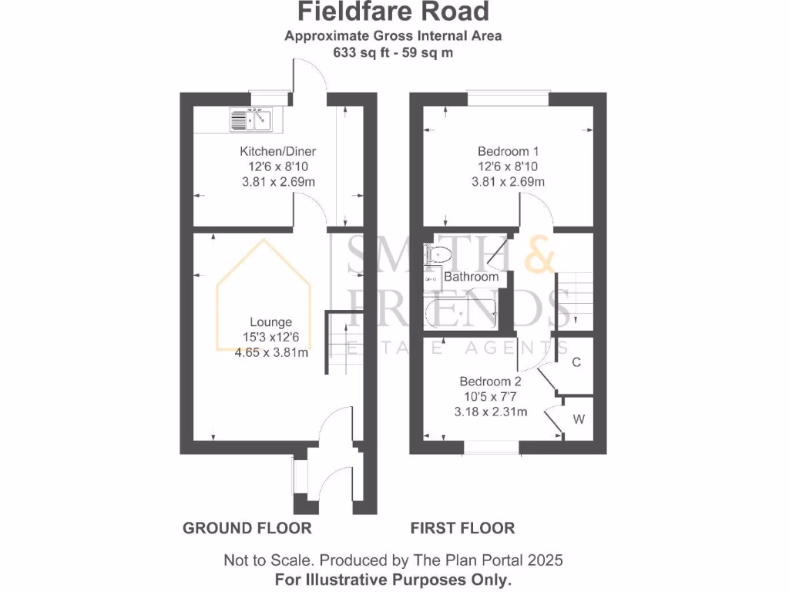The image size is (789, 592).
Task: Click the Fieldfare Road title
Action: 393,12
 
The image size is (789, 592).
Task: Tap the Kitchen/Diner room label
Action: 277,151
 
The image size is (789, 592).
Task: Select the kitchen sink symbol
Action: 251,120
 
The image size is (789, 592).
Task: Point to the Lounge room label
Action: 270,322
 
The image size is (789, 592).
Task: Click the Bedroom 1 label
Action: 508,151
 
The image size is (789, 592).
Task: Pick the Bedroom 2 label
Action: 490,381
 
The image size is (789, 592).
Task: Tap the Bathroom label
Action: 472,276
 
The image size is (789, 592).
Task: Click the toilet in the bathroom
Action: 438,252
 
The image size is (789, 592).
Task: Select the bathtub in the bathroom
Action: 461,313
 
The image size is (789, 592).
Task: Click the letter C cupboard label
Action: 576,362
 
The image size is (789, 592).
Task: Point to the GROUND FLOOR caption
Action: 247,528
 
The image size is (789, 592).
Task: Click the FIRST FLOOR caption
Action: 462,528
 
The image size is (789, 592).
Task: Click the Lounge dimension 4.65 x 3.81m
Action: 270,353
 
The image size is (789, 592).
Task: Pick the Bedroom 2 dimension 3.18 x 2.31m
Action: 490,412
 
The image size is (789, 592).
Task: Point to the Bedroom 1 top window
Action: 508,99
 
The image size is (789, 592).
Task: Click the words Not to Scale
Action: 267,560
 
